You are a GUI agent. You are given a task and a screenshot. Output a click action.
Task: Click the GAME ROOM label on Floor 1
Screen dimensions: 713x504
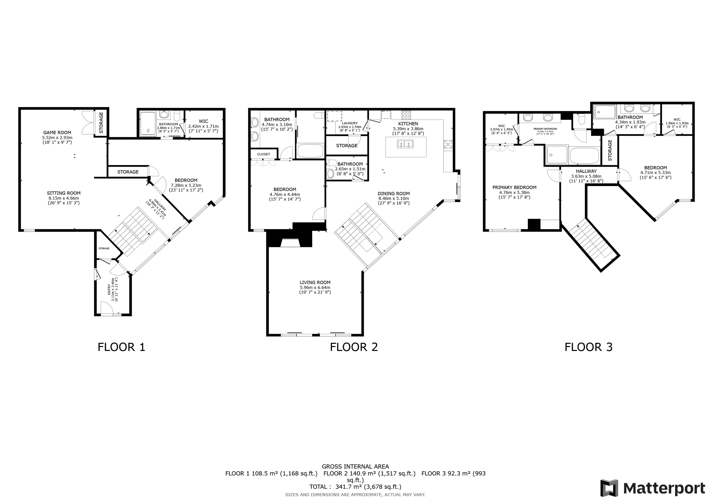[x=57, y=133]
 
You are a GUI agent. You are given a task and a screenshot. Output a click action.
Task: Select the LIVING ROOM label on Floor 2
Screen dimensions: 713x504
[x=315, y=283]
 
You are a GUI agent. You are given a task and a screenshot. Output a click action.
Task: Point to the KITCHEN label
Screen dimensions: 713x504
[x=408, y=124]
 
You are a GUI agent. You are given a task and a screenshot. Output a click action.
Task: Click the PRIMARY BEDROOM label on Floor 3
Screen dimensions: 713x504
[x=514, y=187]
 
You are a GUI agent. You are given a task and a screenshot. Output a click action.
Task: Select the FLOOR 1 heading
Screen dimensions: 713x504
[x=121, y=347]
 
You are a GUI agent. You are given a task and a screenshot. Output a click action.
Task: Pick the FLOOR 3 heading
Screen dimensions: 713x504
[x=588, y=347]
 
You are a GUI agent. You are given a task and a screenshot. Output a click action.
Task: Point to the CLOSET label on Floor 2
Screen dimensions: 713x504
[x=264, y=154]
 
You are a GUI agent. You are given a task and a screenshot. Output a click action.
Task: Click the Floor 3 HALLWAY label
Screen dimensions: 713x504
[x=586, y=171]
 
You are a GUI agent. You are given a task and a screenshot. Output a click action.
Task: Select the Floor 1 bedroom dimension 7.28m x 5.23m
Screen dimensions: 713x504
[x=186, y=185]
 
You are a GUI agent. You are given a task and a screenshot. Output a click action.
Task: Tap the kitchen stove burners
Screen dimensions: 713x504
[x=406, y=115]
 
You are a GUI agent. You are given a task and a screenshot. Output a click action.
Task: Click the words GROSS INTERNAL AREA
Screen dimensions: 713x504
[x=355, y=467]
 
